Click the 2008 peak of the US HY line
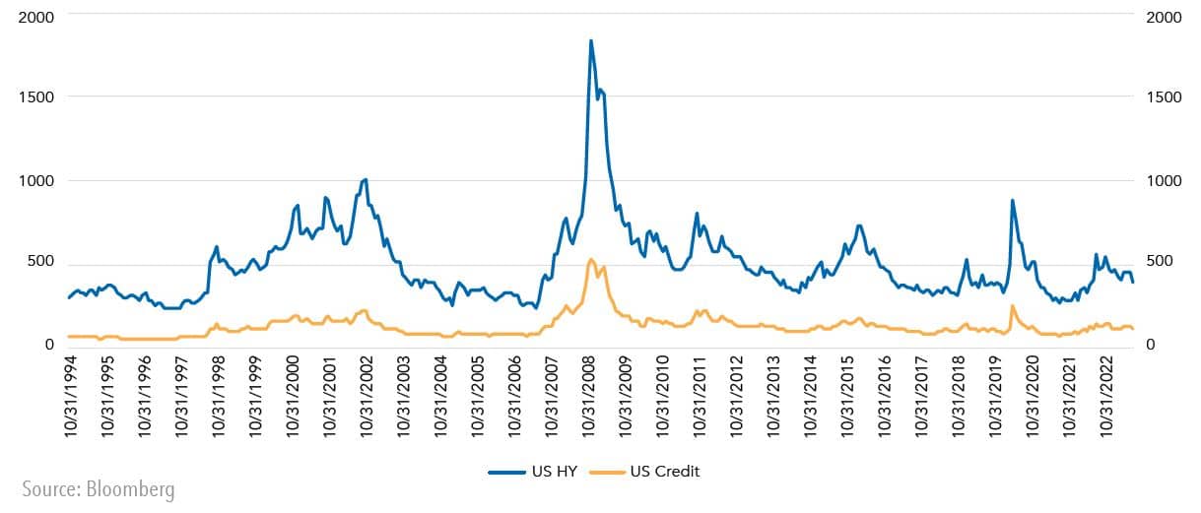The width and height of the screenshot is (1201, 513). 591,41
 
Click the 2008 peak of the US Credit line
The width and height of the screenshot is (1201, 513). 591,260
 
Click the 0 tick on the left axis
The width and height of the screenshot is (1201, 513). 47,344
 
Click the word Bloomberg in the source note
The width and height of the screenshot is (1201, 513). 136,490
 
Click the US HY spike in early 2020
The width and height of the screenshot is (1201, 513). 1012,201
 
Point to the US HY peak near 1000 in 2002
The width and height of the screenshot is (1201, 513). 366,179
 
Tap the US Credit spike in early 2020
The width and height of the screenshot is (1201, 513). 1012,306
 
